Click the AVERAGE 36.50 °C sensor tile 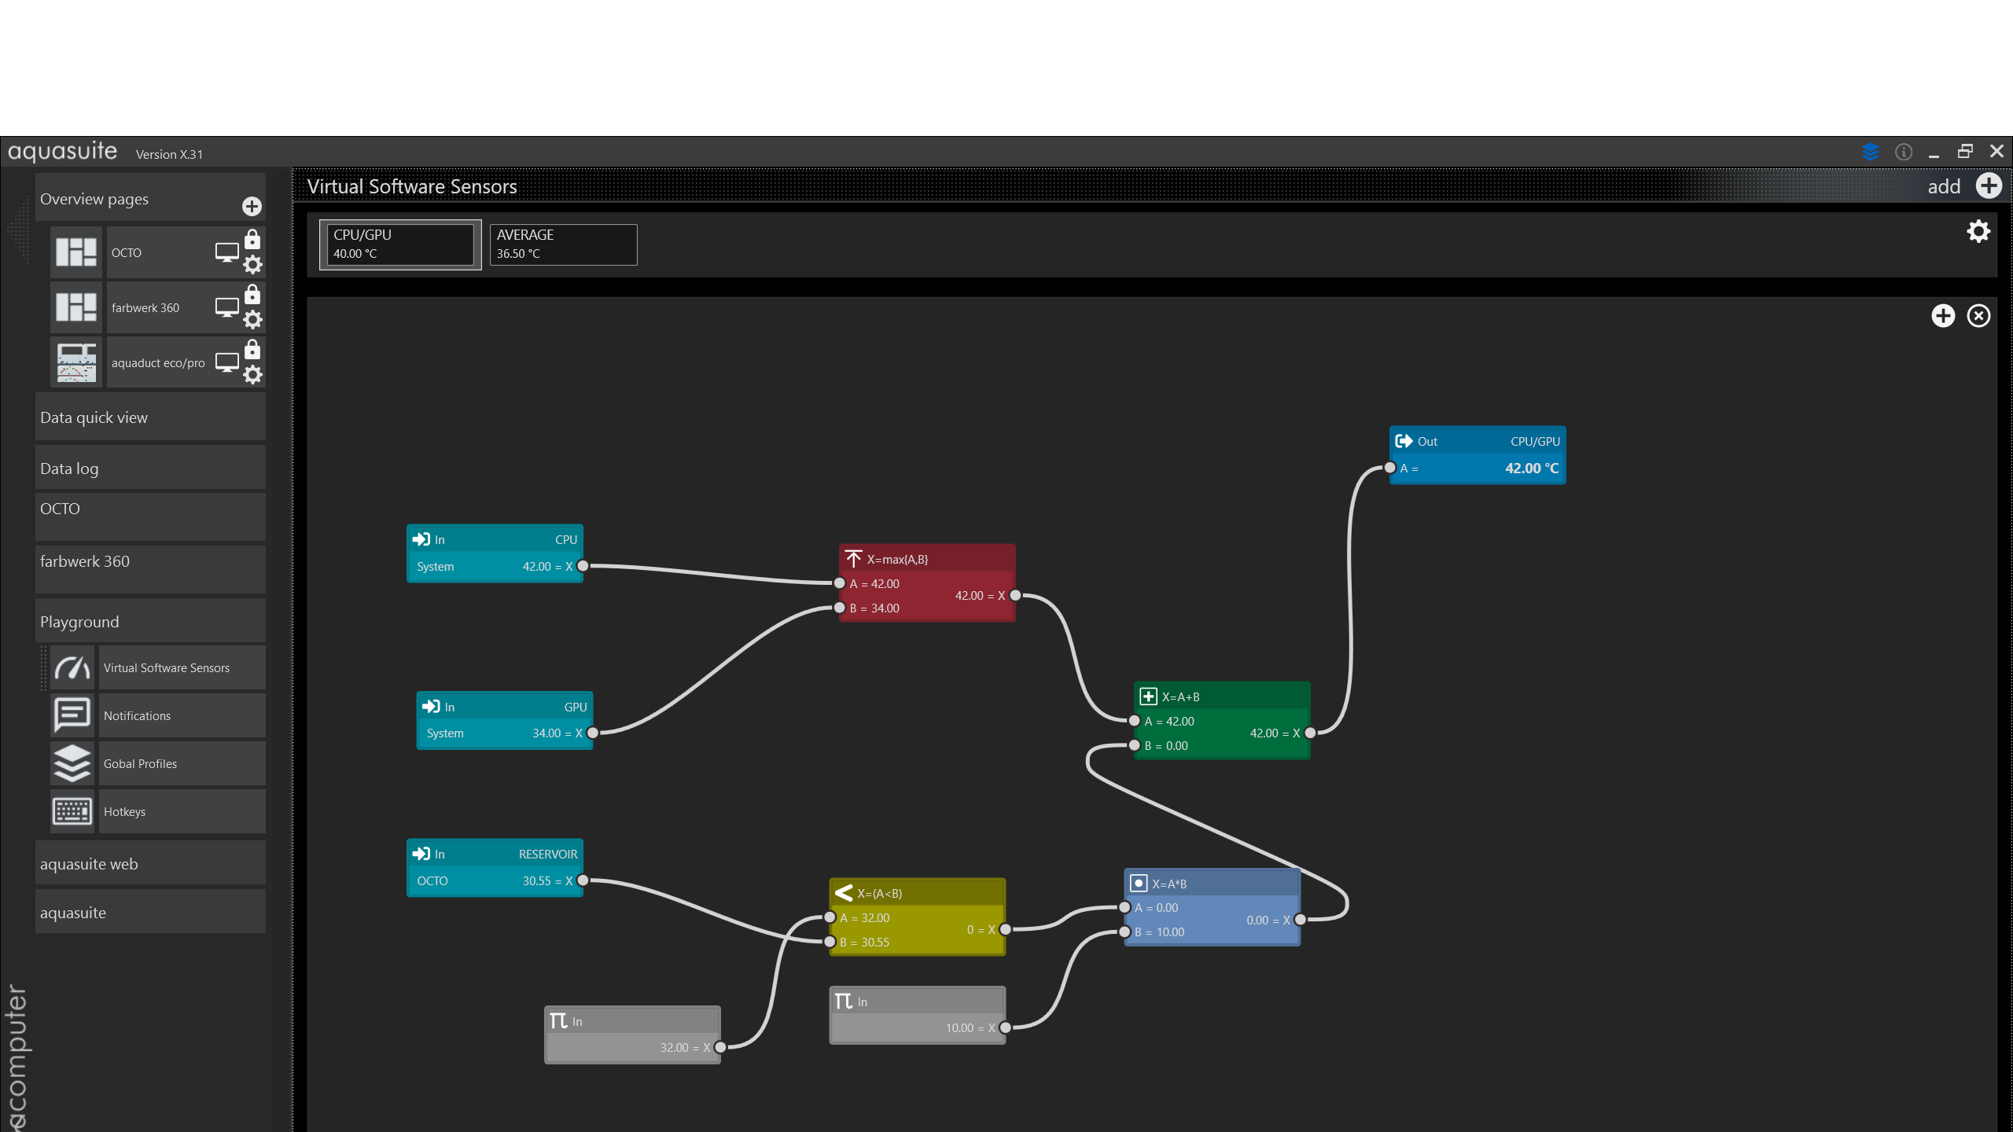563,244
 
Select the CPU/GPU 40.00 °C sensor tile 400,244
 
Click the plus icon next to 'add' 1989,186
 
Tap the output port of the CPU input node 583,566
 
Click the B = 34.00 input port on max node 840,608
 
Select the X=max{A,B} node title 897,559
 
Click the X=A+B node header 1222,696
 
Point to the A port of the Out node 1390,468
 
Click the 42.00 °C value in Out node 1532,468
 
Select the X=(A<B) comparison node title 880,893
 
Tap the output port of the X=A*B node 1301,920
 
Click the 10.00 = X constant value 970,1028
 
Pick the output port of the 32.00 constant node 720,1047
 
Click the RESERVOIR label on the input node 548,854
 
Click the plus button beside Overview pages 252,206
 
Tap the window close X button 1996,151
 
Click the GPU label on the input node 576,707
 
